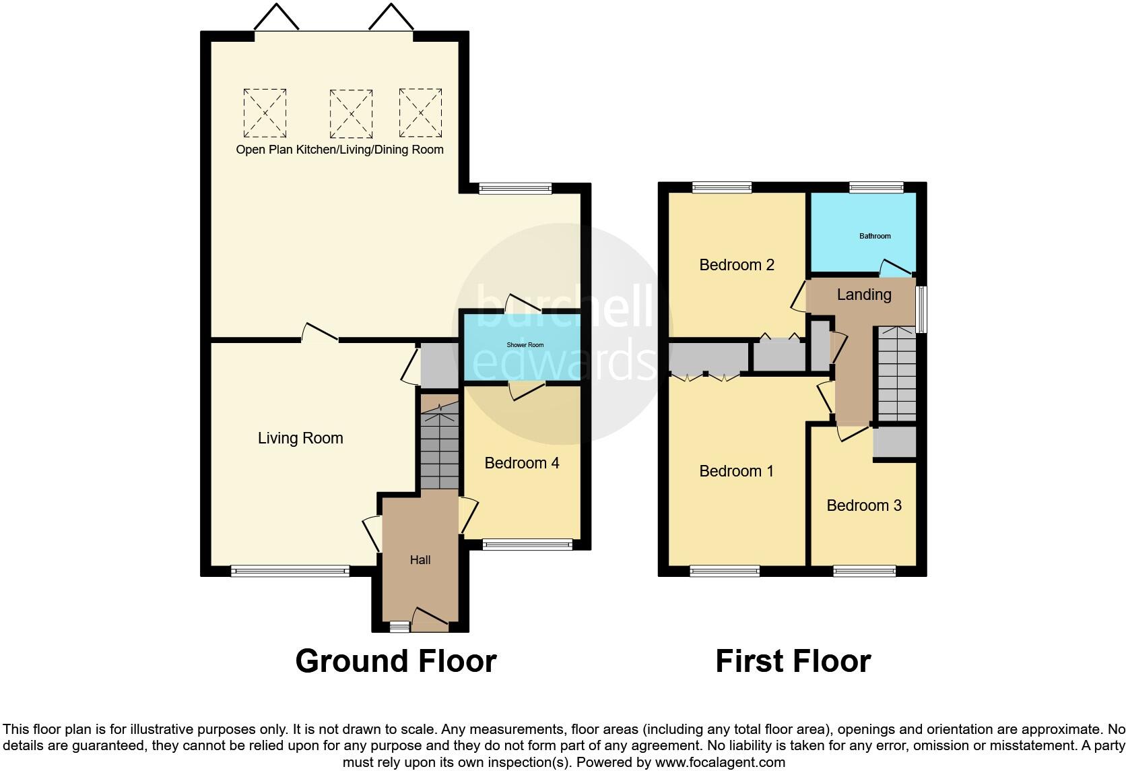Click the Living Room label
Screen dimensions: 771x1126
[300, 438]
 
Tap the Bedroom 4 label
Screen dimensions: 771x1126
[522, 463]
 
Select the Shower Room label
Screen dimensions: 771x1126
[525, 345]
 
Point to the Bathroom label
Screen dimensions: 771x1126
[875, 236]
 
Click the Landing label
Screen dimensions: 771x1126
[864, 295]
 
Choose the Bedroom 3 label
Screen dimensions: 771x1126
[864, 505]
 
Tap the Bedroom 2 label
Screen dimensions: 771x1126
[737, 265]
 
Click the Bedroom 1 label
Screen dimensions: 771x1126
[737, 471]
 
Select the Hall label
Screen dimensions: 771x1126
[420, 560]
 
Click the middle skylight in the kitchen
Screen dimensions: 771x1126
[351, 113]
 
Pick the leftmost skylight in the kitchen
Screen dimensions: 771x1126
[265, 113]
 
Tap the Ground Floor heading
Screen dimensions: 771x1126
[396, 661]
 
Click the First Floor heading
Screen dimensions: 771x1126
[793, 661]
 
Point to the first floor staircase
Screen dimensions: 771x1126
[896, 374]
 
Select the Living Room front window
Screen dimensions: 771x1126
[290, 572]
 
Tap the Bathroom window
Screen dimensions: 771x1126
[876, 187]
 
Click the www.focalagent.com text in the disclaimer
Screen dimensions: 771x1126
[719, 763]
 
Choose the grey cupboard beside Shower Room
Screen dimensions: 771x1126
[438, 365]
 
